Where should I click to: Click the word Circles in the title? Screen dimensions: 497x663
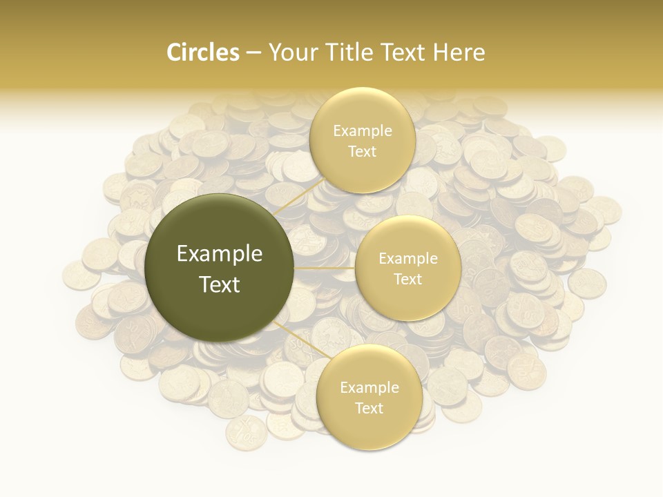pos(203,52)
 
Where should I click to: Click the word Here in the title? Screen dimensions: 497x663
pos(459,52)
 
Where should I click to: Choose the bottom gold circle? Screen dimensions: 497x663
pos(369,428)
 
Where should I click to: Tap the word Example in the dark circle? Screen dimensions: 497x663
pos(220,254)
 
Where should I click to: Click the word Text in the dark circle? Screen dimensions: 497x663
pos(220,284)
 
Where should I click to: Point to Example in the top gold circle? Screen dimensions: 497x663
pos(363,131)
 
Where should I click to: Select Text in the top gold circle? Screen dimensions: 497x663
pos(363,151)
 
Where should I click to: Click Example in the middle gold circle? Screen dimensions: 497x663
pos(408,259)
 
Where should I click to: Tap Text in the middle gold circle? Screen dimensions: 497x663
pos(408,279)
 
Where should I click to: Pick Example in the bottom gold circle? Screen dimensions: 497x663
pos(369,388)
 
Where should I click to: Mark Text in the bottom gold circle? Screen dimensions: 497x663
pos(369,408)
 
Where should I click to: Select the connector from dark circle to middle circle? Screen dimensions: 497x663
pos(325,268)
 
